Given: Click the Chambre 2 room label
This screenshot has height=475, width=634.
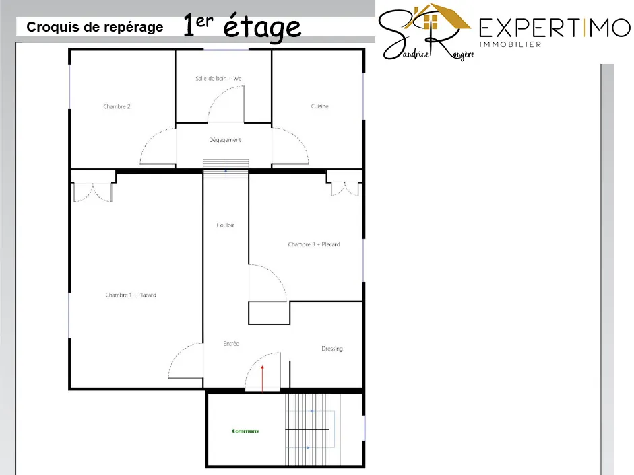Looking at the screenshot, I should (117, 106).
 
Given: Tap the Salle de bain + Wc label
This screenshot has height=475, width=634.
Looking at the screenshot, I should (218, 79).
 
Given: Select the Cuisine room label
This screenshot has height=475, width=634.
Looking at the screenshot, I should (320, 106).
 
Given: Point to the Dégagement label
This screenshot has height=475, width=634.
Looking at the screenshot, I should (225, 140).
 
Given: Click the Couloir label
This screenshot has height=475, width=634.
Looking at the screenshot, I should (226, 225).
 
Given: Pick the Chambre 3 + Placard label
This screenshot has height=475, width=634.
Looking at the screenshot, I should (314, 244).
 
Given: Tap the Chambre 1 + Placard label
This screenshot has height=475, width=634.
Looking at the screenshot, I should (131, 295).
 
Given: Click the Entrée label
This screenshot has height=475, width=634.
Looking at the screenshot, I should (231, 344).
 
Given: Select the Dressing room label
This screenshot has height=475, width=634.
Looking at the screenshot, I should (332, 349).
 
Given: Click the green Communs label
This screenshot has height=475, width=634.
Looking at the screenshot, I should (245, 431).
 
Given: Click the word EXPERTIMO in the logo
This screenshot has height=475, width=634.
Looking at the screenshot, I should (553, 28).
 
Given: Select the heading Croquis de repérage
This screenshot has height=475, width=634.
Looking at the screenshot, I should (95, 28).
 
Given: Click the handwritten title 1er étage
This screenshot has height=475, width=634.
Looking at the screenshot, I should (242, 27).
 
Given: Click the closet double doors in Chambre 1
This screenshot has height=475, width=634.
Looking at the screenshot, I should (93, 190).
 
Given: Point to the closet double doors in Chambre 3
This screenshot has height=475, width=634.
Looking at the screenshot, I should (344, 187).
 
